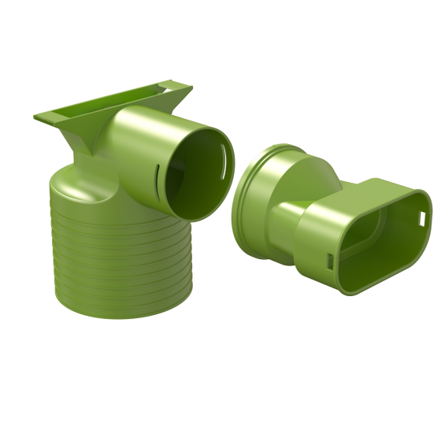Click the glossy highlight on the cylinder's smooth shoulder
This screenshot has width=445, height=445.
[x=75, y=189]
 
